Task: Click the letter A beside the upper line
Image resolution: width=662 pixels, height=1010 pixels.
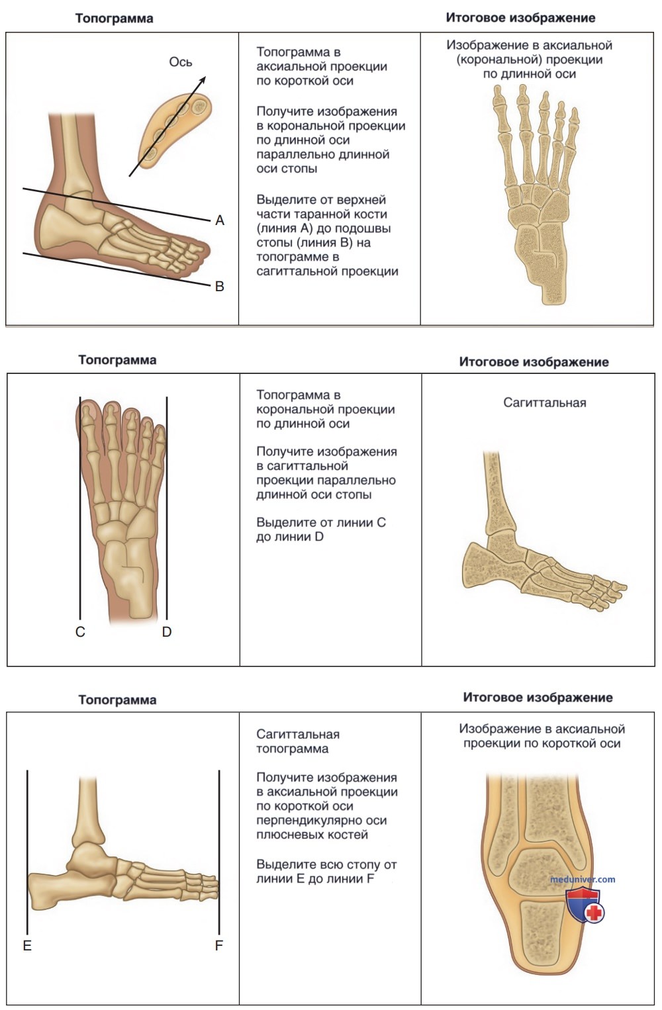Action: (x=220, y=220)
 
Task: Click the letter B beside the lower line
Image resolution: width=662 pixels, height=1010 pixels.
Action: (x=220, y=287)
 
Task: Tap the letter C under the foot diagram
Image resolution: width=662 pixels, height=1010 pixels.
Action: (x=80, y=632)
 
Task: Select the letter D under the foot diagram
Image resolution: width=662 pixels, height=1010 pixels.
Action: (x=167, y=632)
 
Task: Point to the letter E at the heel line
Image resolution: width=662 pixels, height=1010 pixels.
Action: (x=27, y=946)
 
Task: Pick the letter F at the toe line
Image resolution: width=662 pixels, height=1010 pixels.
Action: (x=219, y=946)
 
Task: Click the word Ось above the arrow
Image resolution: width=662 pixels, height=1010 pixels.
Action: (x=180, y=62)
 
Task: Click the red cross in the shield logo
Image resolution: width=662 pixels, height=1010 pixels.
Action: (x=594, y=913)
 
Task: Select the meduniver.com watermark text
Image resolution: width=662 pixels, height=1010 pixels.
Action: (x=583, y=879)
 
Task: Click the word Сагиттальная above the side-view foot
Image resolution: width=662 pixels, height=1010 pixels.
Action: (x=545, y=402)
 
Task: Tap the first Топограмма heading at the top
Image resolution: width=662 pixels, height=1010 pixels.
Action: (x=114, y=19)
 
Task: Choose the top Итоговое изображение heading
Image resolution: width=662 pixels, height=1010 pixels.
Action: (x=521, y=18)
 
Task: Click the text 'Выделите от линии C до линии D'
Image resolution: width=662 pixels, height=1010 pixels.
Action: (x=321, y=529)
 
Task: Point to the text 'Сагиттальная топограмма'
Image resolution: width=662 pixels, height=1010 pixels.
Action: (x=298, y=741)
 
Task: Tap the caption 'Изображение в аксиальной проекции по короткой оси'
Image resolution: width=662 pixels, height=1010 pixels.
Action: (x=542, y=736)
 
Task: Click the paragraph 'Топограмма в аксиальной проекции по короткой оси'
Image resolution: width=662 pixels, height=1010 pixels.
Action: (x=322, y=66)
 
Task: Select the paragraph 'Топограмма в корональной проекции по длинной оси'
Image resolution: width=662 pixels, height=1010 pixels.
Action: (x=326, y=409)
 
